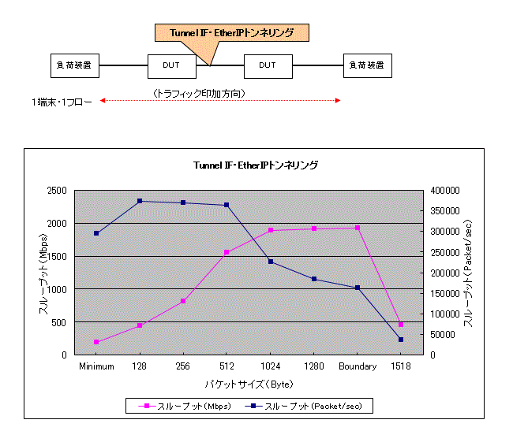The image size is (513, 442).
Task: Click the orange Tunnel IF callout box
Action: tap(231, 33)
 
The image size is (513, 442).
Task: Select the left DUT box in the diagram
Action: tap(171, 65)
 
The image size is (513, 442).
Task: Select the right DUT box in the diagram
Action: tap(268, 65)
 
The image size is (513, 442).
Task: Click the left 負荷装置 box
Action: tap(76, 65)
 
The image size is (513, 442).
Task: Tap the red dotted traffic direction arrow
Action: tap(220, 101)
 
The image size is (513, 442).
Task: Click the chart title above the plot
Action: tap(256, 165)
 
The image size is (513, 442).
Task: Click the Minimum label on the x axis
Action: tap(95, 366)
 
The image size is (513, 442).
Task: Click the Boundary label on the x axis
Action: tap(357, 366)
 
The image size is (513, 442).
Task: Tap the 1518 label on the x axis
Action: tap(400, 366)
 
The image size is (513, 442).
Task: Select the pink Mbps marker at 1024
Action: tap(270, 231)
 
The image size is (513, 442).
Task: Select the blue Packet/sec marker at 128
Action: tap(140, 201)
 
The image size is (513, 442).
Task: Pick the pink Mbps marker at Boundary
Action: tap(357, 228)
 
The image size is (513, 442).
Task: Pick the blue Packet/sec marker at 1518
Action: tap(400, 340)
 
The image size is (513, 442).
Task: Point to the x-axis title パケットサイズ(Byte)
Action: tap(249, 384)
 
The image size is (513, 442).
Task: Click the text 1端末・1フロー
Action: tap(62, 102)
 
